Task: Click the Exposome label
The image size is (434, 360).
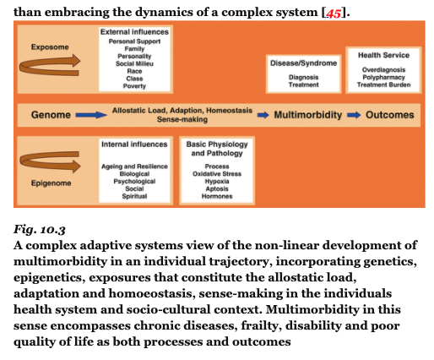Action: point(50,47)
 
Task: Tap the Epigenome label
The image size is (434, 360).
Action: point(51,183)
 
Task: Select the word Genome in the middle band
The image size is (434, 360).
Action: point(51,115)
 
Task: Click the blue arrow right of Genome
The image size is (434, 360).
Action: point(91,115)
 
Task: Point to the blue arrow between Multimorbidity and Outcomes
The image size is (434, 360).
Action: point(354,115)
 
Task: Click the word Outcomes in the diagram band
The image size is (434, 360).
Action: point(390,115)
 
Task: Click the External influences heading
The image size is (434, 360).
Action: point(134,32)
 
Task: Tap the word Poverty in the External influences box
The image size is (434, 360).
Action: point(134,86)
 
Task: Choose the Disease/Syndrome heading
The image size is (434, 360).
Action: point(304,63)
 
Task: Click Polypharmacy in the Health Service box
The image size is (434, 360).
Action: point(383,77)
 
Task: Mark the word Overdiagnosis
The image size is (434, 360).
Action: point(383,69)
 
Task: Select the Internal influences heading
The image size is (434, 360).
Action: point(134,145)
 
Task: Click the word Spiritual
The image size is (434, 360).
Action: point(134,196)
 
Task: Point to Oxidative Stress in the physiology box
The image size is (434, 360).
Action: point(217,174)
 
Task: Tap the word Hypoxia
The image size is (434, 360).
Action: point(217,181)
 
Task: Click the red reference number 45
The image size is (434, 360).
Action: point(334,13)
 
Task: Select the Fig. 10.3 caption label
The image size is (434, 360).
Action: point(40,230)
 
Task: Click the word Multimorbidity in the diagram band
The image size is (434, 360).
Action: point(308,115)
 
